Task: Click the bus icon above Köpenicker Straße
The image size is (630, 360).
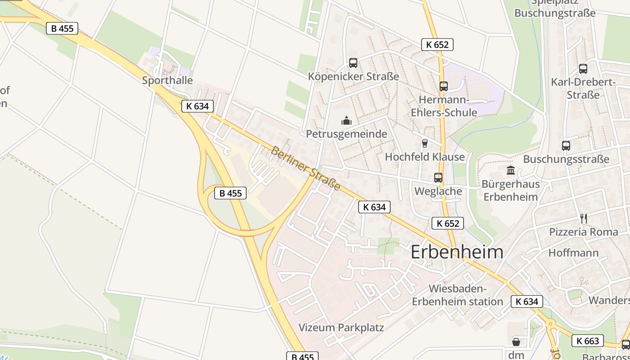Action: [353, 63]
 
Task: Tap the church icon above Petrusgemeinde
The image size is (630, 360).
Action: [346, 121]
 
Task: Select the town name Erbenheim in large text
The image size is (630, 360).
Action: [457, 252]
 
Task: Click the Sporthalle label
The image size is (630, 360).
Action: [167, 81]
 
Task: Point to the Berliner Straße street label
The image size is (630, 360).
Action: [305, 168]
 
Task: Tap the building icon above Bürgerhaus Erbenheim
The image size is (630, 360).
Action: [511, 171]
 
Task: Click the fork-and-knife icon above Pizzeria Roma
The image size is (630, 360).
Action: [584, 219]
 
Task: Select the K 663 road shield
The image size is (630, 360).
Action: [588, 341]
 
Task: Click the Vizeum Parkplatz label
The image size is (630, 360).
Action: [341, 327]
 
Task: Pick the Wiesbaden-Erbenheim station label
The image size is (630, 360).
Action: [457, 295]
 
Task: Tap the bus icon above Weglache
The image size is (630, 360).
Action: [438, 178]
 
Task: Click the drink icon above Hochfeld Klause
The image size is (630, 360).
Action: [424, 144]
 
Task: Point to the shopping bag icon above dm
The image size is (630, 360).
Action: [516, 342]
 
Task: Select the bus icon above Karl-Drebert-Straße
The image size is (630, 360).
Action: [583, 69]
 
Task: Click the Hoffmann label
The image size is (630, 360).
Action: [573, 253]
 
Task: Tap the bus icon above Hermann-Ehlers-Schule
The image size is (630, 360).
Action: [444, 86]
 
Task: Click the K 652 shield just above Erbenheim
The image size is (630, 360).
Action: [447, 223]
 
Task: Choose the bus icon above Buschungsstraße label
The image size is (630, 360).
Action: [566, 146]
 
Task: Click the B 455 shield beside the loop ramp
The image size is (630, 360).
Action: [230, 193]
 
